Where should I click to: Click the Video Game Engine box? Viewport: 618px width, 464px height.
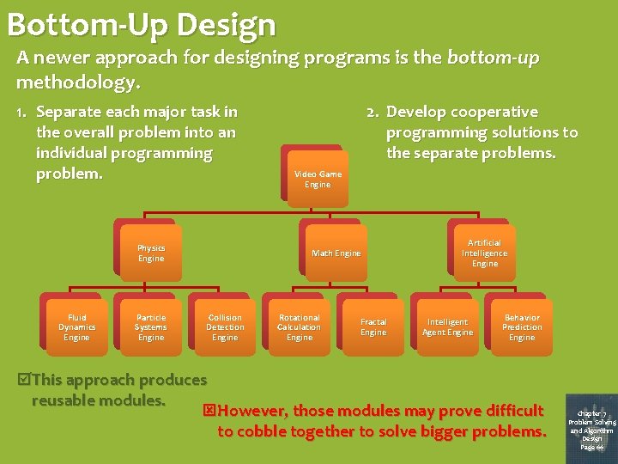tap(318, 179)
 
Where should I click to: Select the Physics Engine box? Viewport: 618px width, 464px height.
tap(151, 253)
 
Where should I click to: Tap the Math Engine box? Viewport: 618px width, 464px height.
tap(336, 253)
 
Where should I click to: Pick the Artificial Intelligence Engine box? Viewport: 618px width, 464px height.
tap(484, 253)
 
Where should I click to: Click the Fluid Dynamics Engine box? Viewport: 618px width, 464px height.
tap(77, 327)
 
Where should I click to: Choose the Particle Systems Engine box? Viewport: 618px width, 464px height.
tap(151, 327)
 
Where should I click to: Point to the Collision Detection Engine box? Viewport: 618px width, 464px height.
tap(225, 327)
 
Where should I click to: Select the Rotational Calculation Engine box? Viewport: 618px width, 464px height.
tap(300, 327)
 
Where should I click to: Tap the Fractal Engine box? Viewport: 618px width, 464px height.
tap(373, 327)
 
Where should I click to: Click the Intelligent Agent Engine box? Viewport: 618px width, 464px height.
tap(447, 327)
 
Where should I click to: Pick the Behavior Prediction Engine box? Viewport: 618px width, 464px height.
tap(522, 327)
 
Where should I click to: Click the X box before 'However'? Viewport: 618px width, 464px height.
tap(209, 411)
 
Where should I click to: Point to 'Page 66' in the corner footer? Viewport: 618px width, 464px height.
tap(591, 447)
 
